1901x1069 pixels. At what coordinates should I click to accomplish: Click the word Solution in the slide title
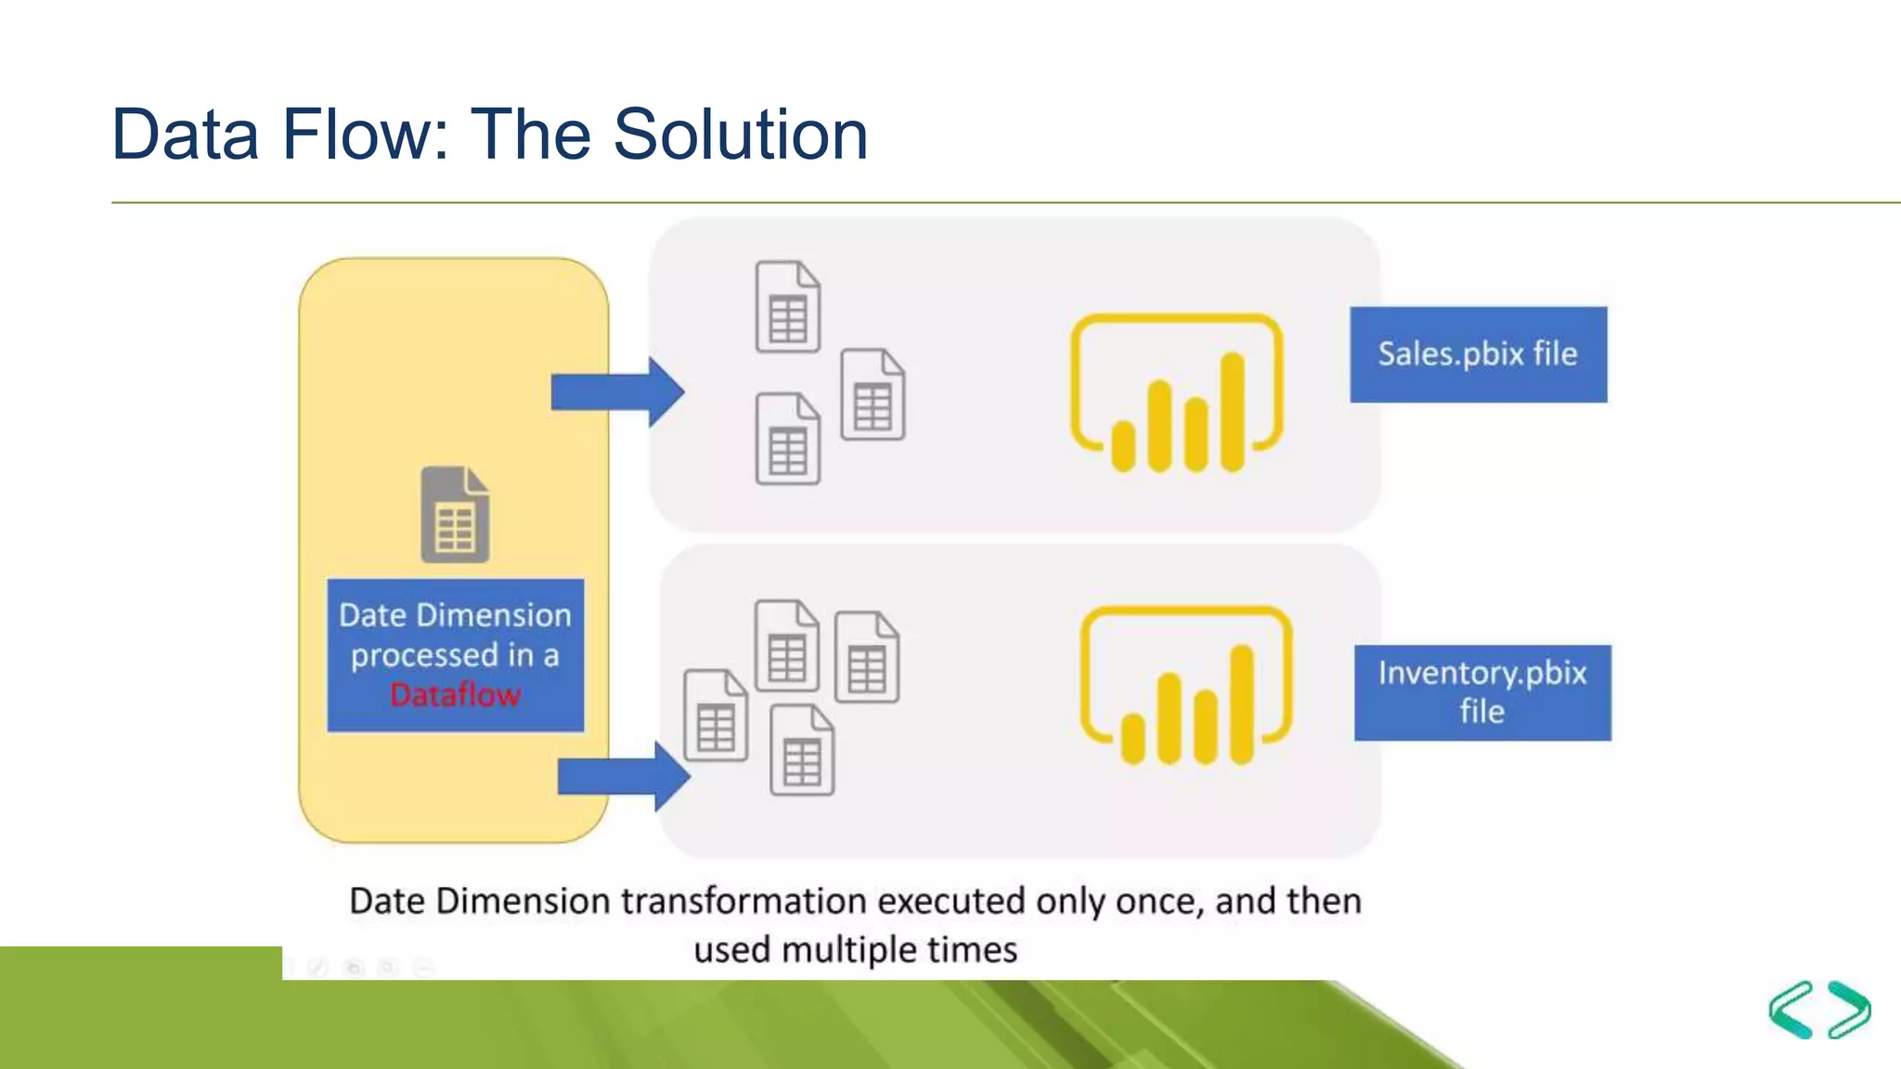point(740,135)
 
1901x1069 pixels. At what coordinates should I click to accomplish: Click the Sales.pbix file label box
point(1478,354)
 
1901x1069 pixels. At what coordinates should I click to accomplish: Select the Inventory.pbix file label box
point(1481,692)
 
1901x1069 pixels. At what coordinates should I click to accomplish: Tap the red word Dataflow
point(455,695)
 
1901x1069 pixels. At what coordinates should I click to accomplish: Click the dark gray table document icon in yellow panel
point(455,515)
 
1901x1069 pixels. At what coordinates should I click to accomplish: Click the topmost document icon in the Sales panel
point(787,307)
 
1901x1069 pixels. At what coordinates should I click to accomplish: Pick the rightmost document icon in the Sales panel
point(873,394)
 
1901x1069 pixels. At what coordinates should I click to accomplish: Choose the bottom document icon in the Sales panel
point(787,439)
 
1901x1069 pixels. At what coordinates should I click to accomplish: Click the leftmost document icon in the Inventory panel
point(715,715)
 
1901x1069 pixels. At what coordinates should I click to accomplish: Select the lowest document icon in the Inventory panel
point(802,750)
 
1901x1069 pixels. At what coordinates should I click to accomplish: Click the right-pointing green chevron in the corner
point(1849,1010)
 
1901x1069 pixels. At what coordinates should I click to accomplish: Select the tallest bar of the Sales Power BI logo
point(1232,412)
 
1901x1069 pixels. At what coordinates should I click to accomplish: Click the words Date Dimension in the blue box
point(455,615)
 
